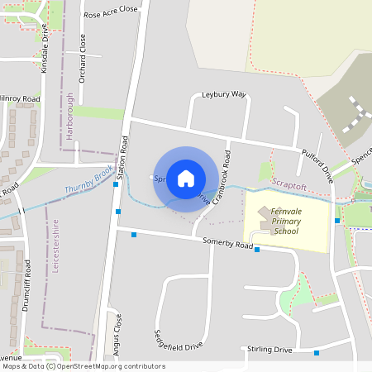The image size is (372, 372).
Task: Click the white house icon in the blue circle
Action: (186, 179)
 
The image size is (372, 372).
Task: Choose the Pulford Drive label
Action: (317, 163)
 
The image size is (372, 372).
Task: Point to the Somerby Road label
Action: (227, 243)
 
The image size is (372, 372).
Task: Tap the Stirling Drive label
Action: (269, 350)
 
